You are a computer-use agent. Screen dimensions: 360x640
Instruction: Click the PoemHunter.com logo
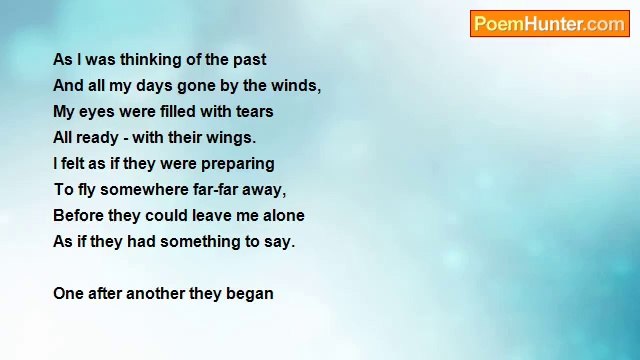[549, 24]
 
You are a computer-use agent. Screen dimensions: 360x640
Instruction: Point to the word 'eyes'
[97, 112]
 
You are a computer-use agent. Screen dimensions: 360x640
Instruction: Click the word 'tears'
[253, 112]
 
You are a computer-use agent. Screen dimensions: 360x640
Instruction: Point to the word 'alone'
[283, 216]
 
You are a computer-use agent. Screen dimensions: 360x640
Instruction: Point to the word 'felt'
[78, 164]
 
